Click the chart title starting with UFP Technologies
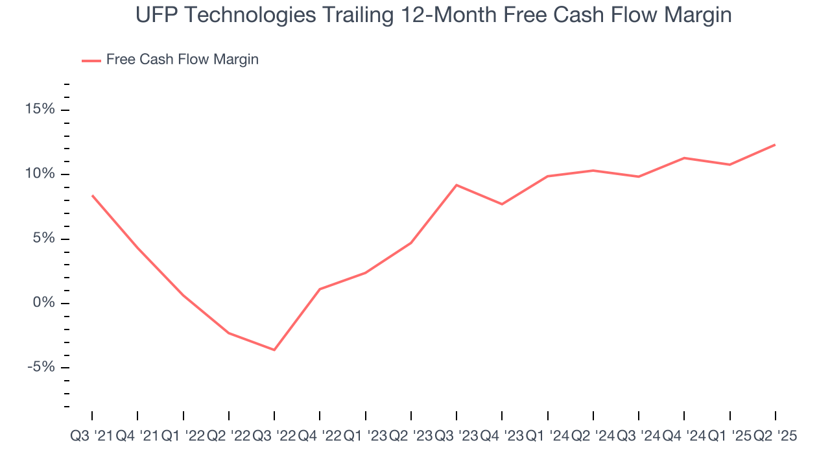coord(434,15)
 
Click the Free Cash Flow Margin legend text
coord(182,60)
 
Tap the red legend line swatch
coord(91,60)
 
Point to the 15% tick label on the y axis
coord(40,110)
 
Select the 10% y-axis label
coord(40,174)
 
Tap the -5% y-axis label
coord(41,368)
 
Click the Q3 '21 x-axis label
coord(91,437)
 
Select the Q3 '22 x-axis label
coord(274,437)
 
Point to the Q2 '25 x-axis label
coord(775,437)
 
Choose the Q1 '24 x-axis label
coord(547,437)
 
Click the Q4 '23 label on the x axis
coord(502,437)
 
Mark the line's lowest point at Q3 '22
coord(274,350)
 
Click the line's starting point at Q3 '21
coord(92,195)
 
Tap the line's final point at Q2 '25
coord(776,145)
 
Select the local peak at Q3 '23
coord(456,185)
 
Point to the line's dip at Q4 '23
coord(502,204)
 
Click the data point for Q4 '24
coord(684,158)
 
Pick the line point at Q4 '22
coord(320,289)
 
